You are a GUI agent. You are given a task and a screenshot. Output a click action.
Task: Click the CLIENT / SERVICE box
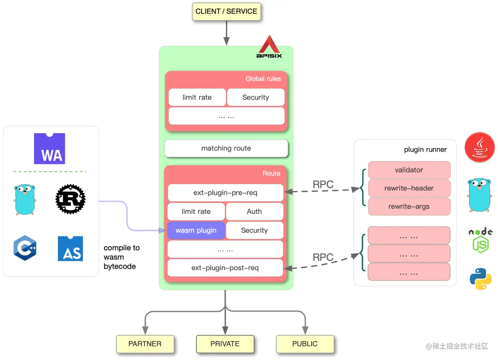coord(226,12)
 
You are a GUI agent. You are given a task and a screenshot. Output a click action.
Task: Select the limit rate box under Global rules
coord(197,97)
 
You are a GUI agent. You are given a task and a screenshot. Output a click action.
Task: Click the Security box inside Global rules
coord(256,97)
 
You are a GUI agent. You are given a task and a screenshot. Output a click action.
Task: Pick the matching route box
coord(226,148)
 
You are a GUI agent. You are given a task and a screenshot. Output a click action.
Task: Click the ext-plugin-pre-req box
coord(225,192)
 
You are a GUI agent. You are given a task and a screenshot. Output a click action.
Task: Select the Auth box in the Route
coord(254,211)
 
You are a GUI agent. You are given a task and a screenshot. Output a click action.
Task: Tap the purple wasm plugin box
coord(196,230)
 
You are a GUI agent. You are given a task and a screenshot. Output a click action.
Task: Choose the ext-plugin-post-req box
coord(225,267)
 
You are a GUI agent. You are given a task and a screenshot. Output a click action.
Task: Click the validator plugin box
coord(409,170)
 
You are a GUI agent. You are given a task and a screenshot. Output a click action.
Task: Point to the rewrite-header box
coord(409,188)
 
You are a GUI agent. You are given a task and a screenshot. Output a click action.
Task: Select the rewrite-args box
coord(409,206)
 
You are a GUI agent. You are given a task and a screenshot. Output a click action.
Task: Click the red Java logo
coord(480,147)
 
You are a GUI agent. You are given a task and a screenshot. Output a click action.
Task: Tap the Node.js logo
coord(480,240)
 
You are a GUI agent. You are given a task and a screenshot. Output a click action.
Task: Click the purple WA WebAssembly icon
coord(49,149)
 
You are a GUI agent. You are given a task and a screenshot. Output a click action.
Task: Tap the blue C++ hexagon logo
coord(25,248)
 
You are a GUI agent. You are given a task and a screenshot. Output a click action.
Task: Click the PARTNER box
coord(145,344)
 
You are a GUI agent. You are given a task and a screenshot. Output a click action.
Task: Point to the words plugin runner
coord(425,150)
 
